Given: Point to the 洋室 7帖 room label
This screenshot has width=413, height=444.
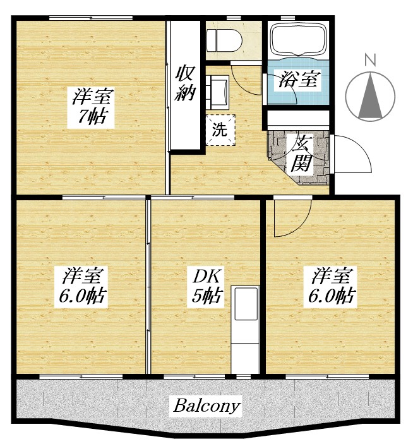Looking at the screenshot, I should (x=93, y=107).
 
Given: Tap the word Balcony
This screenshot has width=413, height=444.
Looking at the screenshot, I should (x=206, y=405).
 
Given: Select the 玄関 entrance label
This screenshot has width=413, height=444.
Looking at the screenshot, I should (x=300, y=153).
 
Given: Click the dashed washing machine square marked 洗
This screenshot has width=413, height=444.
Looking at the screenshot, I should (x=220, y=130).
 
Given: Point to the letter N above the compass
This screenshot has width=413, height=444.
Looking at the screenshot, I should (x=371, y=61).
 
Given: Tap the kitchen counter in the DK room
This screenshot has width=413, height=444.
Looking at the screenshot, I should (x=246, y=328).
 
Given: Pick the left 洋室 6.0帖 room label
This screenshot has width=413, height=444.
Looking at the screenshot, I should (x=83, y=285).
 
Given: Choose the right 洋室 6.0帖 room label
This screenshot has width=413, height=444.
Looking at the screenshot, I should (x=331, y=285).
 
